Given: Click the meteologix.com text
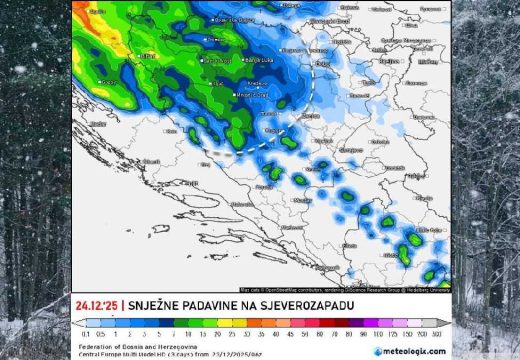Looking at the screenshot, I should pyautogui.click(x=415, y=351).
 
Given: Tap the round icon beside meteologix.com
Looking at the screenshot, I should pyautogui.click(x=377, y=351).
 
